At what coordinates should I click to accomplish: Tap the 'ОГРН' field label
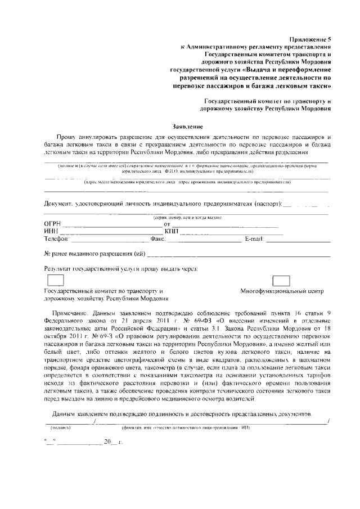[x=52, y=224]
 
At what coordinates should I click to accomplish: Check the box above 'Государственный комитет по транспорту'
[x=55, y=280]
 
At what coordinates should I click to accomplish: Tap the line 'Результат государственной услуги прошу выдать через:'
[x=121, y=269]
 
